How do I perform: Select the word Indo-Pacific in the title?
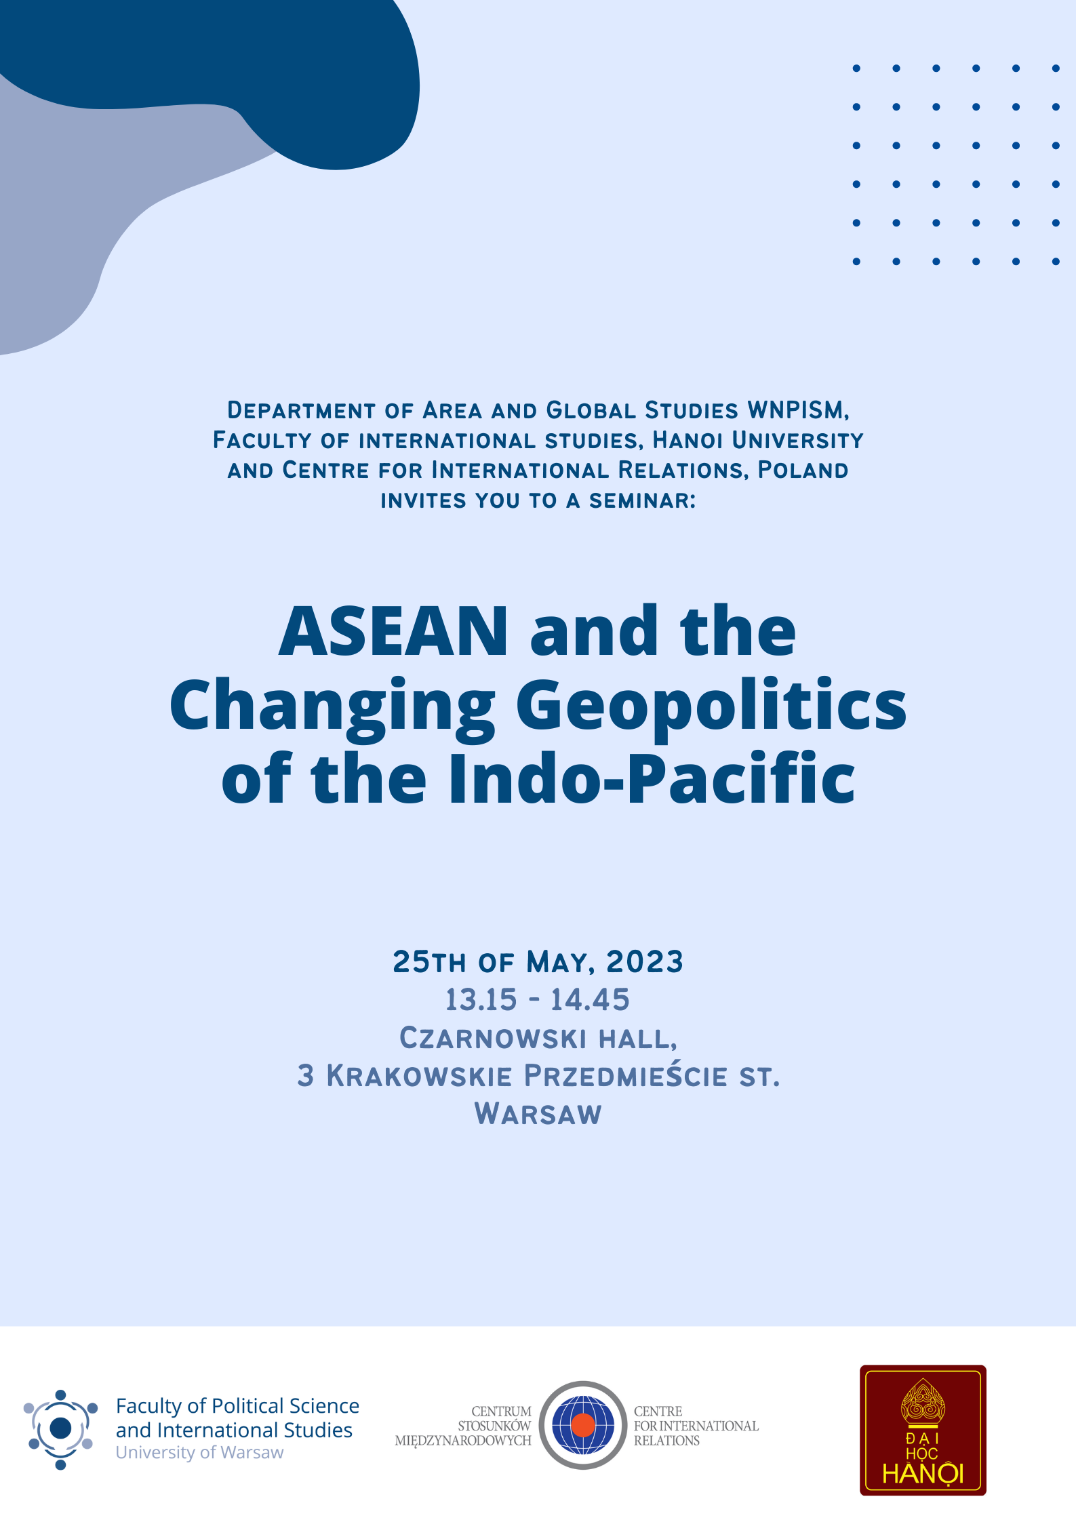651,780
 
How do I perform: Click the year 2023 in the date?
645,962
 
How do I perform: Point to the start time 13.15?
481,1000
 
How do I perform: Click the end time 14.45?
590,1000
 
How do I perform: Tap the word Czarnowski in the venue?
493,1039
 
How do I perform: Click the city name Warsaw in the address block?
538,1115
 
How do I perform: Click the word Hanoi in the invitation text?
688,441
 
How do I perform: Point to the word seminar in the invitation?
641,501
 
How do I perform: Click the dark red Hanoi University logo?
923,1430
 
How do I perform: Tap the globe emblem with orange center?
582,1425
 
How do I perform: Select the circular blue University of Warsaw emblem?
60,1428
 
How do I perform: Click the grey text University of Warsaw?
199,1453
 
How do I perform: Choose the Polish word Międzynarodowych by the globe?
463,1441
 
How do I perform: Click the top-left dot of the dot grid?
856,68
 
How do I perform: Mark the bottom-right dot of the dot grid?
1056,262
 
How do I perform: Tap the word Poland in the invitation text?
803,470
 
